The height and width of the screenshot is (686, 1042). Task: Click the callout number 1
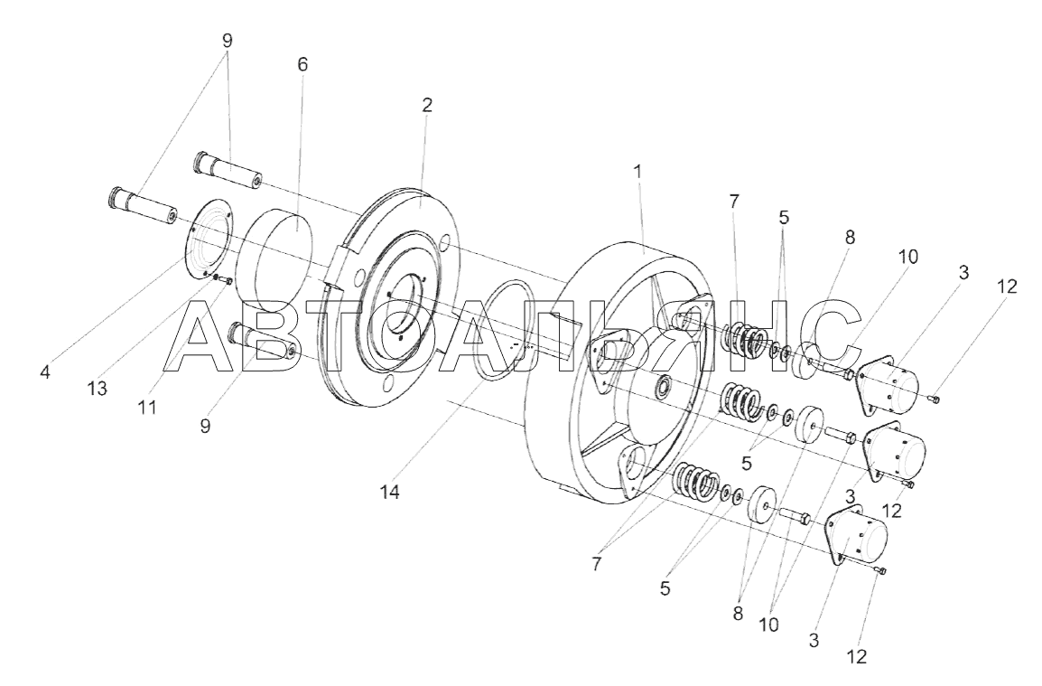pos(638,171)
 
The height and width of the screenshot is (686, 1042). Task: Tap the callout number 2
pos(426,105)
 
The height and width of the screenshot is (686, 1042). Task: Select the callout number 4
pos(44,372)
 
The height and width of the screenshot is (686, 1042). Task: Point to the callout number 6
pos(303,64)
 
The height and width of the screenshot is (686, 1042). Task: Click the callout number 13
pos(97,388)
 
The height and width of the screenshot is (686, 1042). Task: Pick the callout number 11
pos(146,407)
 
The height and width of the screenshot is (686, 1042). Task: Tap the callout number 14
pos(390,493)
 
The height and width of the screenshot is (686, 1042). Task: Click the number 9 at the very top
pos(228,41)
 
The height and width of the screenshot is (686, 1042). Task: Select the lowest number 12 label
pos(857,657)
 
